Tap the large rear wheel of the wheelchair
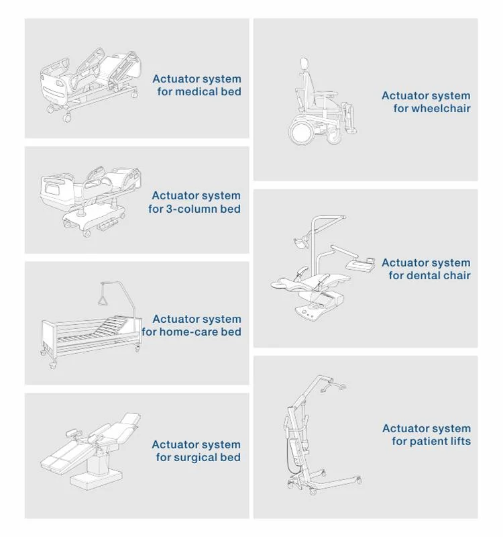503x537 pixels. [x=301, y=132]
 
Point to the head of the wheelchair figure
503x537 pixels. [x=304, y=63]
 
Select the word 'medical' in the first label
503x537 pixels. [x=196, y=92]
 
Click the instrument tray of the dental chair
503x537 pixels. [x=360, y=263]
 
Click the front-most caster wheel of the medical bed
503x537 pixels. [x=68, y=118]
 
